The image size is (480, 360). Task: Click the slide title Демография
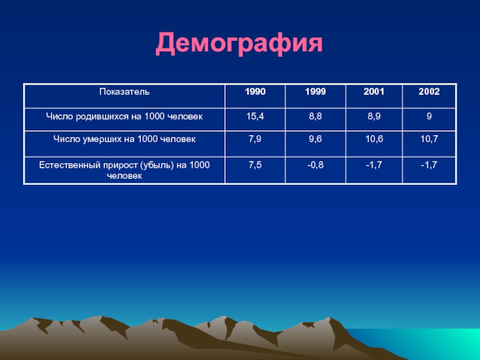click(x=239, y=44)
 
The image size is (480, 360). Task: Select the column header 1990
click(x=255, y=92)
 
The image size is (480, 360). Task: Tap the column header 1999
click(x=316, y=92)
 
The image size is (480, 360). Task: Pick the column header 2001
click(x=374, y=92)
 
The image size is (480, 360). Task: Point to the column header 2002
click(x=429, y=92)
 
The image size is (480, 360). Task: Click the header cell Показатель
click(x=124, y=92)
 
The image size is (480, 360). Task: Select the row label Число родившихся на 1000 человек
click(x=124, y=116)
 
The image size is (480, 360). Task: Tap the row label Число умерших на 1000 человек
click(x=124, y=139)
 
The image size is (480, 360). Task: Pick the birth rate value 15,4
click(x=255, y=116)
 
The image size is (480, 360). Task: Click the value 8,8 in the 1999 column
click(x=316, y=116)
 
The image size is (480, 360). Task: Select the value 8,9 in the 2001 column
click(x=374, y=116)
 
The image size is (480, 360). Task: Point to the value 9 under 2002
click(x=429, y=116)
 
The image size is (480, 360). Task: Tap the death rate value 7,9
click(x=255, y=139)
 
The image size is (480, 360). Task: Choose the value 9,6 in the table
click(x=316, y=139)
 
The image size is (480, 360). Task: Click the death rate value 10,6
click(x=374, y=139)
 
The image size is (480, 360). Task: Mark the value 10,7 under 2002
click(x=429, y=139)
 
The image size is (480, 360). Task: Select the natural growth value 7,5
click(x=255, y=166)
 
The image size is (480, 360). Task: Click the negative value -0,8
click(x=316, y=166)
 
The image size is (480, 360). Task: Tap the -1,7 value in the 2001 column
click(x=374, y=166)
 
